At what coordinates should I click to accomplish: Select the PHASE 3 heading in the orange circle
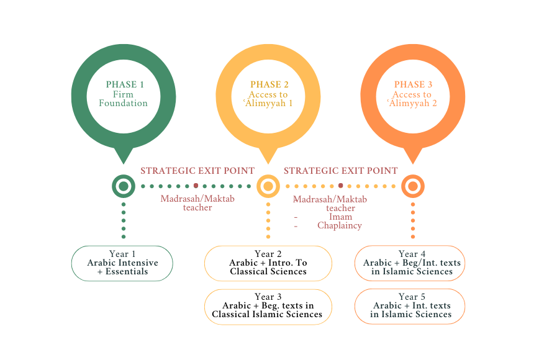click(414, 84)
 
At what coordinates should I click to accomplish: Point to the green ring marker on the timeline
click(124, 186)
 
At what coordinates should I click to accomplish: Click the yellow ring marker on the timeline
click(268, 186)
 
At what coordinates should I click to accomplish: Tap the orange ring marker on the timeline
click(413, 186)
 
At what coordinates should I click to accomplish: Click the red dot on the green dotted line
click(196, 186)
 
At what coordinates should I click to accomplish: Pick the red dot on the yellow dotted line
click(340, 186)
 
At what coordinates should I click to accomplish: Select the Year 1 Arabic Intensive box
click(122, 263)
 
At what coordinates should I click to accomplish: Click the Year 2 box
click(268, 263)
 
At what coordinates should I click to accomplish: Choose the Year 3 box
click(268, 306)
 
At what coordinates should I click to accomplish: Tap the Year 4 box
click(410, 263)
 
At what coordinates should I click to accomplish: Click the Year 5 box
click(410, 306)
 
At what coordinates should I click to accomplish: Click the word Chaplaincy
click(339, 225)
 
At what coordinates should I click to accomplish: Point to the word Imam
click(342, 217)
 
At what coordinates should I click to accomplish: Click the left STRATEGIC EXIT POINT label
click(197, 171)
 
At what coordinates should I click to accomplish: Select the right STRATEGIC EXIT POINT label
click(341, 171)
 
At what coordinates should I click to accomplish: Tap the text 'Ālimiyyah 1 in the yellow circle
click(269, 103)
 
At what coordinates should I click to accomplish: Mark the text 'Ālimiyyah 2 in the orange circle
click(414, 103)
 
